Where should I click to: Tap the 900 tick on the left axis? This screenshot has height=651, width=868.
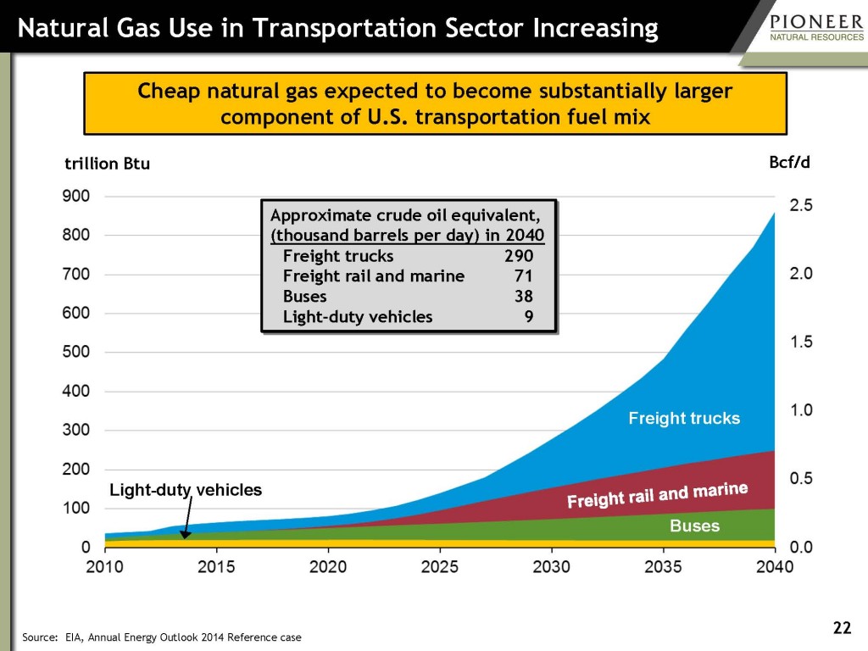[75, 196]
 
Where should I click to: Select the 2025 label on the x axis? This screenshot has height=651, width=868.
[440, 566]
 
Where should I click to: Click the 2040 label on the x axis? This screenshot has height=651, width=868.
[774, 566]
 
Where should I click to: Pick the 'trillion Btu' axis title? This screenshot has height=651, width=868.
[108, 164]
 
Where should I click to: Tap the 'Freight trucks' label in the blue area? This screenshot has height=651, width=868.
[684, 418]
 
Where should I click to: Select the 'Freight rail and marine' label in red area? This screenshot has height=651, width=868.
[657, 496]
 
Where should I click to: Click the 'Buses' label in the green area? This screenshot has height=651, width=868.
[694, 526]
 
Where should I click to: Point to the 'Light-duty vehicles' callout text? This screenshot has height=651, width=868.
[186, 490]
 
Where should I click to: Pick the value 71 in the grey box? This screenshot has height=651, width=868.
[524, 276]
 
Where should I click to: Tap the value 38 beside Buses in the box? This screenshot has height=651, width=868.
[524, 297]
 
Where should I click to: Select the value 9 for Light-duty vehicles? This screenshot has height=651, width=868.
[529, 317]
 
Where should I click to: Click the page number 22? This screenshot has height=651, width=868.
[841, 627]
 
